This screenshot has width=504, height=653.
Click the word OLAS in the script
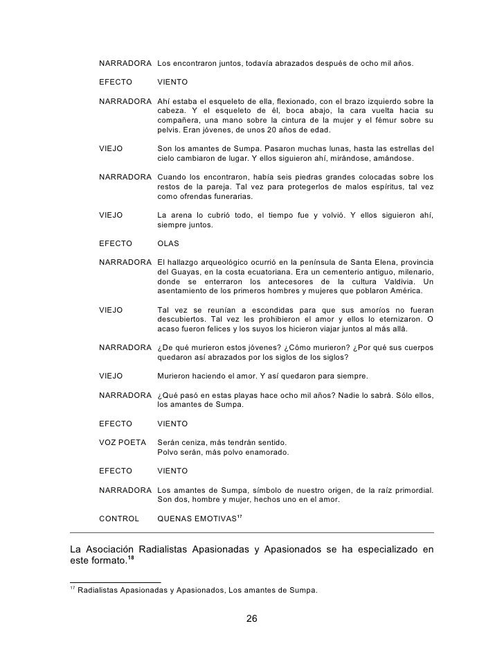[169, 245]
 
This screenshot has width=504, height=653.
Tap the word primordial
[411, 490]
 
